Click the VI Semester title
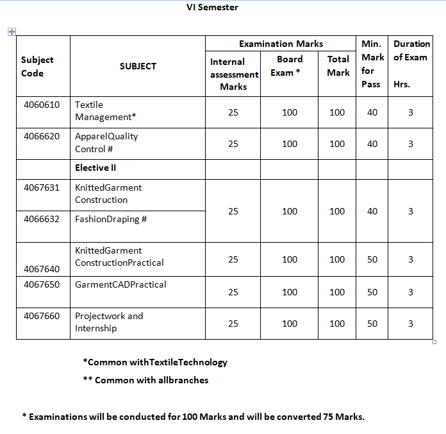pyautogui.click(x=212, y=8)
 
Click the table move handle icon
pyautogui.click(x=12, y=31)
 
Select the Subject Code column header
pyautogui.click(x=37, y=66)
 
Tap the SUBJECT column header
pyautogui.click(x=138, y=66)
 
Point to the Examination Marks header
pyautogui.click(x=281, y=44)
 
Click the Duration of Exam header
pyautogui.click(x=411, y=64)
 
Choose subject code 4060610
pyautogui.click(x=42, y=105)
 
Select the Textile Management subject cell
pyautogui.click(x=105, y=111)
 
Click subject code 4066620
pyautogui.click(x=42, y=136)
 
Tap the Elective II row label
pyautogui.click(x=95, y=168)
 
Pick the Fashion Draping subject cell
pyautogui.click(x=111, y=219)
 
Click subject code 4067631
pyautogui.click(x=42, y=187)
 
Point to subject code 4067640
pyautogui.click(x=42, y=269)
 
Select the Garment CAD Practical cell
pyautogui.click(x=120, y=284)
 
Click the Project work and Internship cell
pyautogui.click(x=109, y=322)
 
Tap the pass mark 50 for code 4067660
pyautogui.click(x=372, y=324)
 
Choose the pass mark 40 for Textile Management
pyautogui.click(x=372, y=112)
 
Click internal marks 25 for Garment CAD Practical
pyautogui.click(x=233, y=292)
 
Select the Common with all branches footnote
pyautogui.click(x=145, y=380)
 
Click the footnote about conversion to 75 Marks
pyautogui.click(x=193, y=417)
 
